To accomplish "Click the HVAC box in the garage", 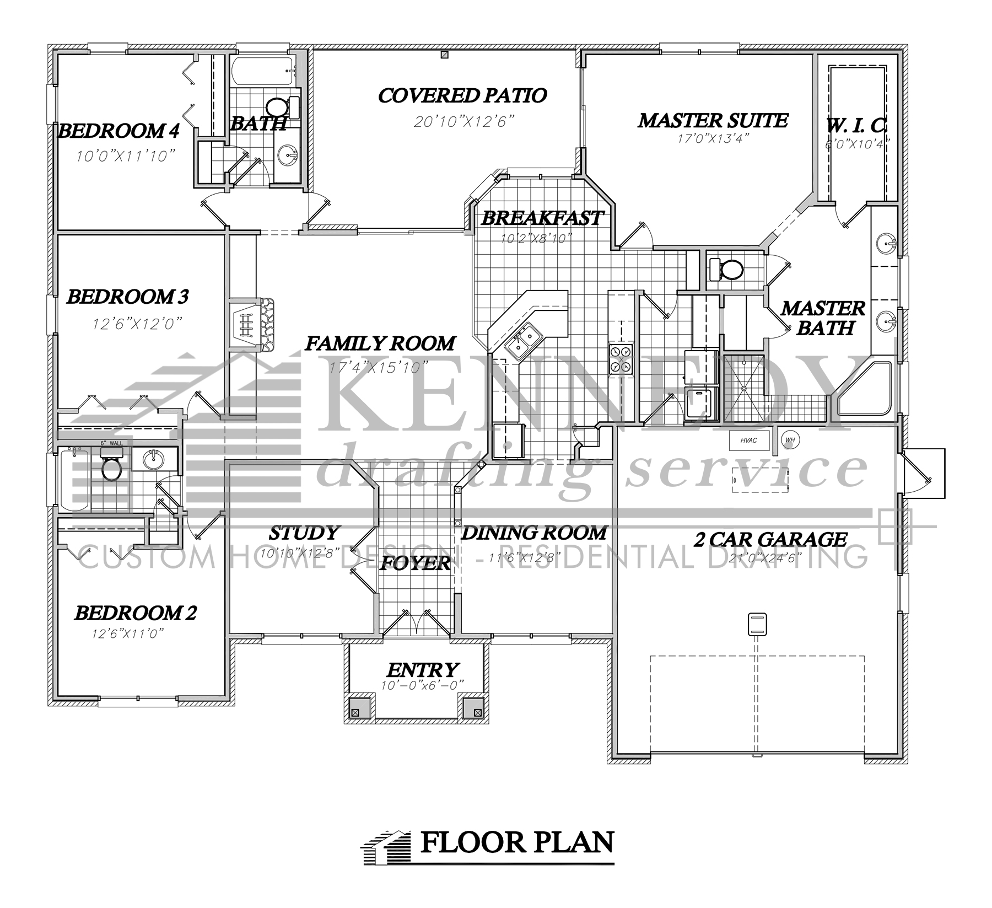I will tap(748, 440).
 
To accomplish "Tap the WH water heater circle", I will tap(790, 439).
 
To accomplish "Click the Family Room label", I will tap(380, 344).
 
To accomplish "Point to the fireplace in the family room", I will tap(251, 325).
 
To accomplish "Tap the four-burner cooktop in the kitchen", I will tap(621, 359).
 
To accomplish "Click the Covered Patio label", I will tap(462, 95).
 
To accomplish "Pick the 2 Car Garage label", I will tap(769, 539).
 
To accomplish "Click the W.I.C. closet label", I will tap(856, 126).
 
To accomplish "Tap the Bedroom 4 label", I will tap(118, 131).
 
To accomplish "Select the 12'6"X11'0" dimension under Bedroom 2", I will tap(128, 634).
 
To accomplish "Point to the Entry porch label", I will tap(422, 670).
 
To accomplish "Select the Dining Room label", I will tap(533, 533).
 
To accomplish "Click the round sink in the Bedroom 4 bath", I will tap(288, 155).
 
